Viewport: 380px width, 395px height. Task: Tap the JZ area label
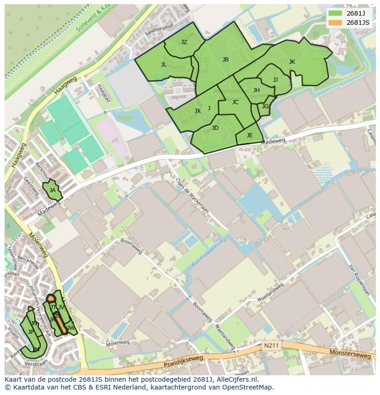pyautogui.click(x=184, y=42)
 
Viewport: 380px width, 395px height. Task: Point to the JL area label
pyautogui.click(x=164, y=65)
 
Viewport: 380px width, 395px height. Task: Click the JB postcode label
pyautogui.click(x=225, y=60)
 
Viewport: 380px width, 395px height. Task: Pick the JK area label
pyautogui.click(x=292, y=62)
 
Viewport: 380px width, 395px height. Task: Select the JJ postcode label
pyautogui.click(x=275, y=80)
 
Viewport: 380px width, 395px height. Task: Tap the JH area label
pyautogui.click(x=257, y=90)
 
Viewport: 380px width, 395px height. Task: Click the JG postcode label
pyautogui.click(x=265, y=106)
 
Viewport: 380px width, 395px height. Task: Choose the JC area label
pyautogui.click(x=235, y=102)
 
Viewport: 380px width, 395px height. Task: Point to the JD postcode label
pyautogui.click(x=215, y=128)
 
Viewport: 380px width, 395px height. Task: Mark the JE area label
pyautogui.click(x=250, y=135)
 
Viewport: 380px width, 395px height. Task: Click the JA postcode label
pyautogui.click(x=52, y=190)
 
